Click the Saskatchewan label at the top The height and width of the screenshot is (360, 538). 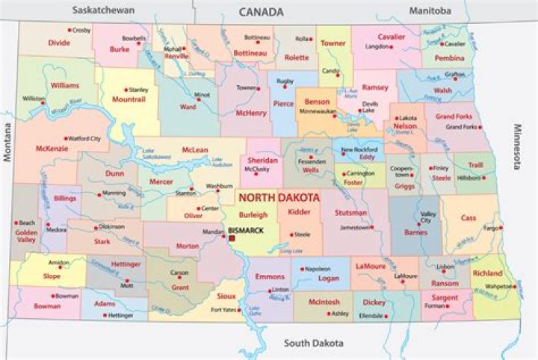(x=103, y=10)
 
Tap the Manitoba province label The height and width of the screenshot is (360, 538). (x=430, y=10)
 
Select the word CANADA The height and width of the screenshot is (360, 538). (x=261, y=12)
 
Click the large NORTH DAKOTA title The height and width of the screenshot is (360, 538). (x=279, y=198)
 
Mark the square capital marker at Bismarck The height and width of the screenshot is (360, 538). (x=232, y=238)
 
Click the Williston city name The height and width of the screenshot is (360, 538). (x=33, y=99)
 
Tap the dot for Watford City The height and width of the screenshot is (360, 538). (x=66, y=138)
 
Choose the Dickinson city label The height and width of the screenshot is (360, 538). (x=111, y=226)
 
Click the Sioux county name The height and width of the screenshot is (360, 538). (x=226, y=296)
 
